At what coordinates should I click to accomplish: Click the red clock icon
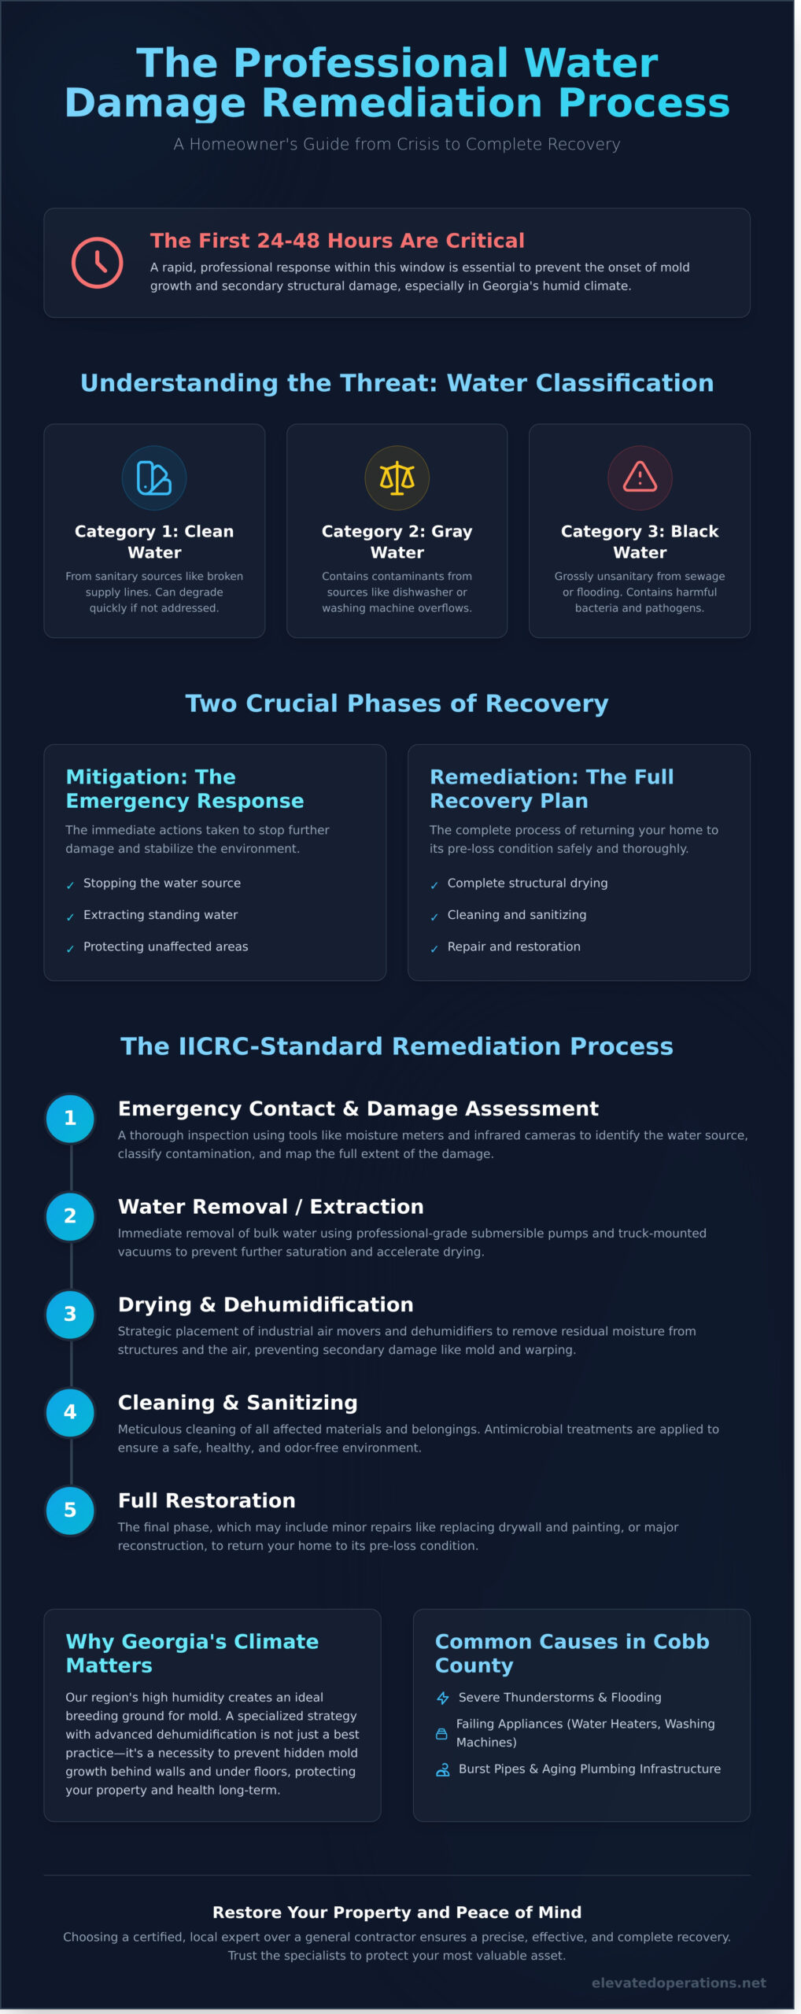(97, 263)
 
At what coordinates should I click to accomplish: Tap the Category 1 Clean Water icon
(154, 478)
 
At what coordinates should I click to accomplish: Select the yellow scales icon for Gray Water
(397, 478)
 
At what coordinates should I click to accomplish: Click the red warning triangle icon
(640, 478)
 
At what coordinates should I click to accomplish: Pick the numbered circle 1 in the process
(70, 1118)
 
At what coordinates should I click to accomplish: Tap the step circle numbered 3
(70, 1314)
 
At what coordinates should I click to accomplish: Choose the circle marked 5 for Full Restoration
(70, 1510)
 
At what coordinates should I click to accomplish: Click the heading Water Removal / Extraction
(271, 1207)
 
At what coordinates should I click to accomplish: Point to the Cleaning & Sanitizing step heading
(238, 1403)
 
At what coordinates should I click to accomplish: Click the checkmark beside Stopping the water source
(70, 885)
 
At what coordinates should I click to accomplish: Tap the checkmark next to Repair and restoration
(434, 949)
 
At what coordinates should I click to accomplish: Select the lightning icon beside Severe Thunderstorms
(443, 1698)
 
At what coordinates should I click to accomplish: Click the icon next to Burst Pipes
(443, 1769)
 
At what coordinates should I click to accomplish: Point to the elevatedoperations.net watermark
(678, 1983)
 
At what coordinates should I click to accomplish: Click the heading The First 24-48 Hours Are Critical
(337, 241)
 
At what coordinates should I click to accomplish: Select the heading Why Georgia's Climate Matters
(192, 1653)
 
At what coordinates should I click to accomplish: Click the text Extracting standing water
(161, 915)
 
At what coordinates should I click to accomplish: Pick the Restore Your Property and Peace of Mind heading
(397, 1913)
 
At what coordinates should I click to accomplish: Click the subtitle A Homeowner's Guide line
(397, 144)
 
